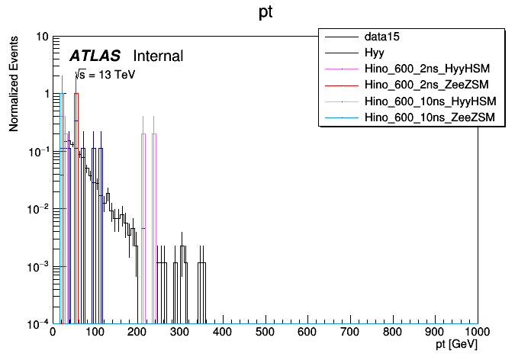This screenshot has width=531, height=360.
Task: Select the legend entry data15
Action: pos(382,36)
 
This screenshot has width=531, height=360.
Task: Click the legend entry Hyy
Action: pos(374,52)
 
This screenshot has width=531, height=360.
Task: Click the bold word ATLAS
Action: pos(95,56)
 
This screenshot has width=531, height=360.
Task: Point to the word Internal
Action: pos(158,56)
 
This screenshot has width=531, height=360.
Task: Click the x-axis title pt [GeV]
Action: pos(456,345)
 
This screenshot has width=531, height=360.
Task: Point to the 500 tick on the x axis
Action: pos(265,333)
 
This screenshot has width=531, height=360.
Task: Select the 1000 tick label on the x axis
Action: pos(476,333)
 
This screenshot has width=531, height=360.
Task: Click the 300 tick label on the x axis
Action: pos(180,333)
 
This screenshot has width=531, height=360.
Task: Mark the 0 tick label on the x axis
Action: pos(53,333)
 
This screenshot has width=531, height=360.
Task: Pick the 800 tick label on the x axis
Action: pos(392,333)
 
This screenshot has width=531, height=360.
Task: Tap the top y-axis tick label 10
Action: pos(42,37)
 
